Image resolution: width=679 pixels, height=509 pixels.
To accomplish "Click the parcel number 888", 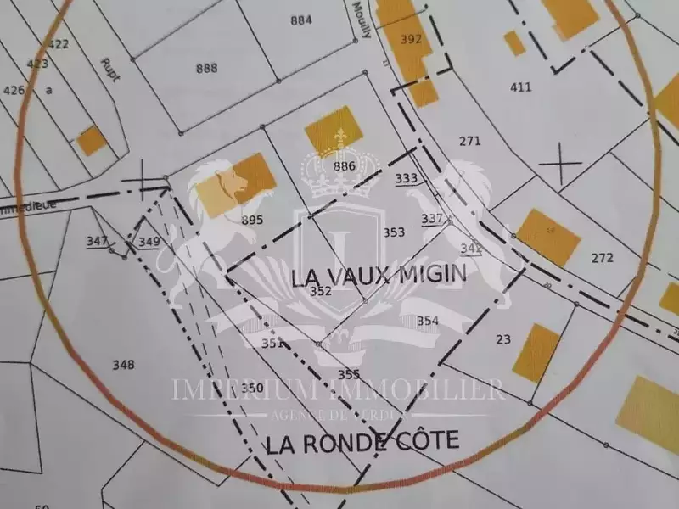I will [205, 68].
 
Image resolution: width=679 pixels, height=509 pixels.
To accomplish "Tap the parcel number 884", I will [300, 20].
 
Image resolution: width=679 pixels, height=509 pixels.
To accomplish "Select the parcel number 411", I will [520, 87].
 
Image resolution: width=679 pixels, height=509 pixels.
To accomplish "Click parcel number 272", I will [602, 257].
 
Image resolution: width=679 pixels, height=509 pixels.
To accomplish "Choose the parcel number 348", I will [123, 365].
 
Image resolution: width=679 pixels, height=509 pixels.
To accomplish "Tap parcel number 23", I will [503, 339].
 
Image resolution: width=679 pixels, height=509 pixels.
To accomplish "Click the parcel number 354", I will [428, 320].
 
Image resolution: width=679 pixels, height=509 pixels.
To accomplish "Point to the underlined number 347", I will [97, 242].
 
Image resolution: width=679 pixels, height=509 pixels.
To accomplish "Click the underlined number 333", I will [407, 178].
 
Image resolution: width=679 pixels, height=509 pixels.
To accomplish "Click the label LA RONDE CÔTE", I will [362, 441].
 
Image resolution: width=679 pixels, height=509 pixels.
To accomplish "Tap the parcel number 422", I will [59, 44].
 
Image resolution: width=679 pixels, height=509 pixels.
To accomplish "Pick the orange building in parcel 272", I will [549, 236].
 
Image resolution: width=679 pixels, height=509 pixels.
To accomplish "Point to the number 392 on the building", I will [411, 39].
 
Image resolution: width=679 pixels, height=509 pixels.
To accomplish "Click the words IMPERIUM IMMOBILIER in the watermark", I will [339, 389].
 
